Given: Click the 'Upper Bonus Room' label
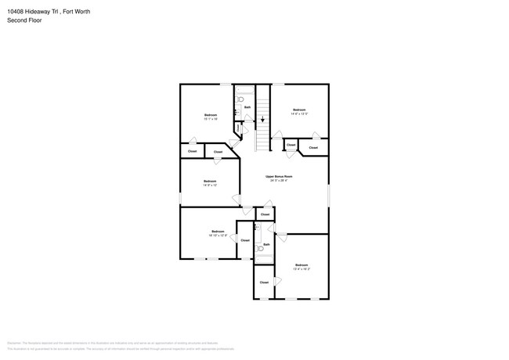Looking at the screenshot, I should pos(279,176).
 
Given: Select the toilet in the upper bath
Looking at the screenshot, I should pos(240,100).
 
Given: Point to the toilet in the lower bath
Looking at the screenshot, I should pos(261,248).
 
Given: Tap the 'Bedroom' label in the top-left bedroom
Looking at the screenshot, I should pos(210,115).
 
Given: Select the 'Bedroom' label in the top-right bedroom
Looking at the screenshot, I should pos(299,110).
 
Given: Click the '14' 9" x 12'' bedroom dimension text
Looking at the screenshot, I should pos(210,185).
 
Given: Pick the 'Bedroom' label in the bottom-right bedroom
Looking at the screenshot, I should pos(301,265).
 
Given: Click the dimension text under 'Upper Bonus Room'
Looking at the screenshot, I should pos(279,181).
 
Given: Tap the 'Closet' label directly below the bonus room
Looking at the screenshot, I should pos(265,214).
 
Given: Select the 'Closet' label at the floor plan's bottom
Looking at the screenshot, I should pos(264,282).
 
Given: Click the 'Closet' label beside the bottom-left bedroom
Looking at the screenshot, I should pos(245,240).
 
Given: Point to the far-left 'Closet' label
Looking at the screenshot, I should pos(192,151).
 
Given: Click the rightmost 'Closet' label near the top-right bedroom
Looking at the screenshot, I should pos(313,147).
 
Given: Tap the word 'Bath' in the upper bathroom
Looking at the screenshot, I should pos(247,107).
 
